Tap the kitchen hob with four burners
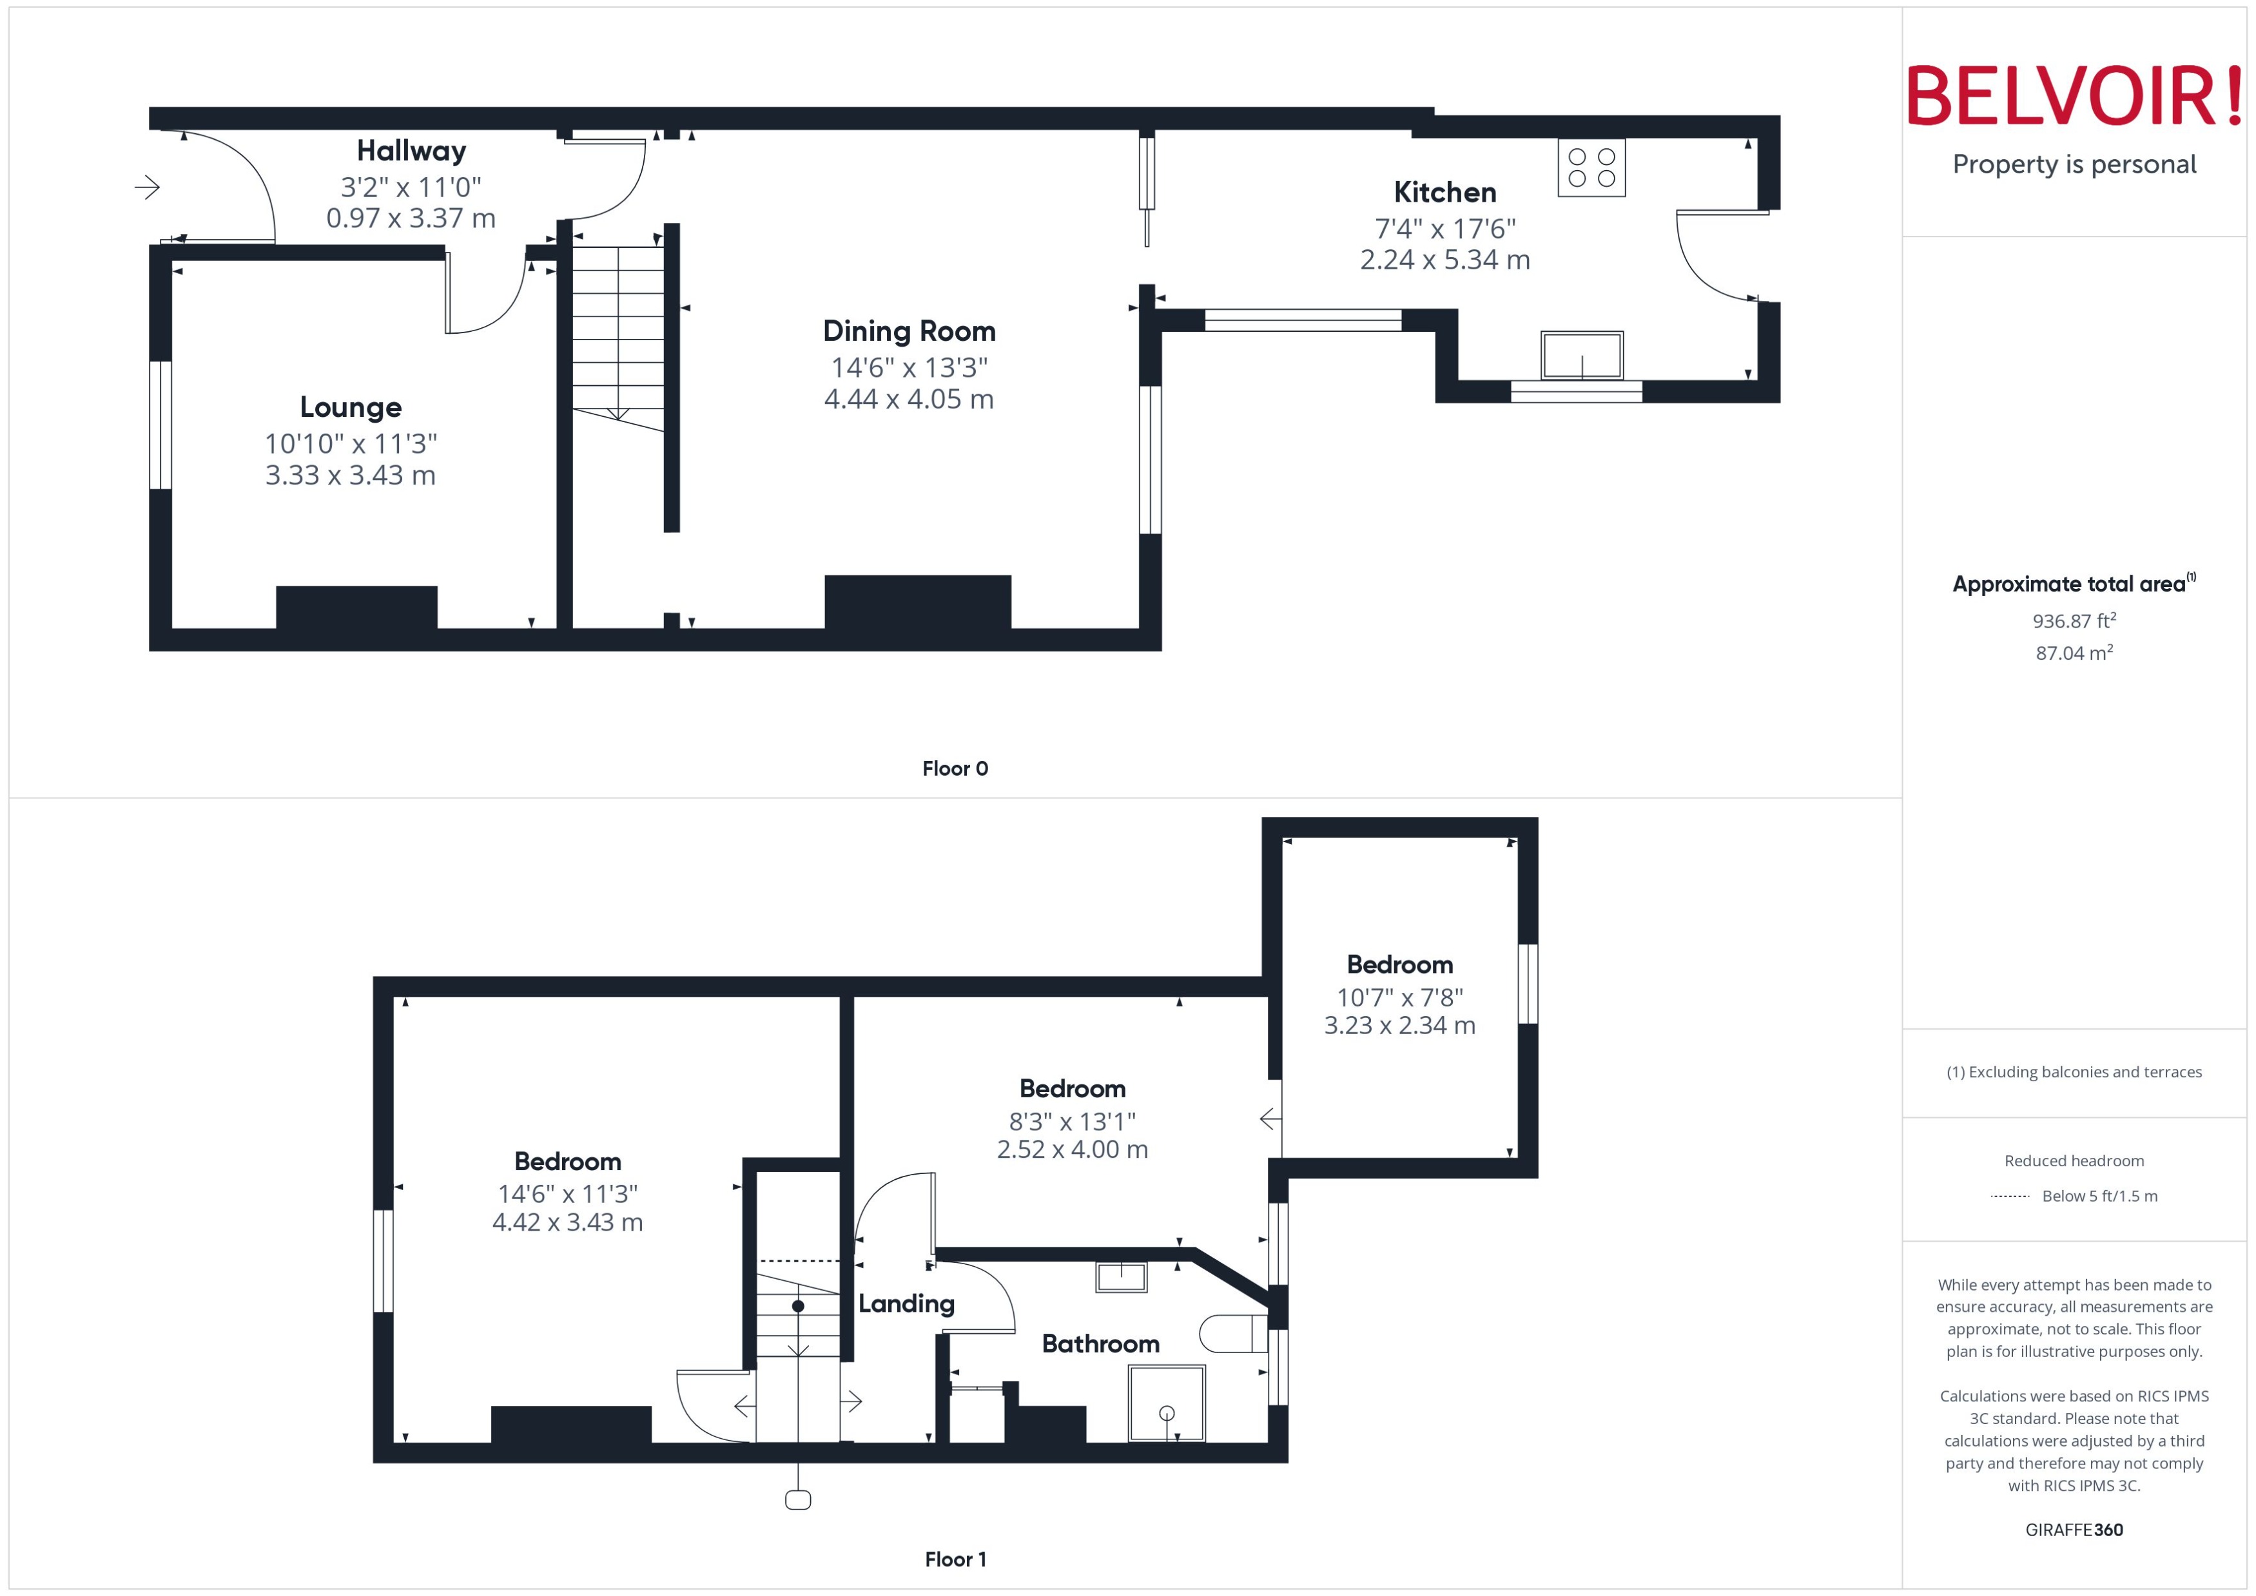(x=1591, y=168)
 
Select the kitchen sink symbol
(x=1582, y=355)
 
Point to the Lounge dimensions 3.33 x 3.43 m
(x=350, y=476)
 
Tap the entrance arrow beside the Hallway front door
(x=148, y=187)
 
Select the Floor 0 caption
(x=955, y=769)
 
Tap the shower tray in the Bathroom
(x=1166, y=1403)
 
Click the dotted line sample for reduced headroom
(x=2009, y=1196)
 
